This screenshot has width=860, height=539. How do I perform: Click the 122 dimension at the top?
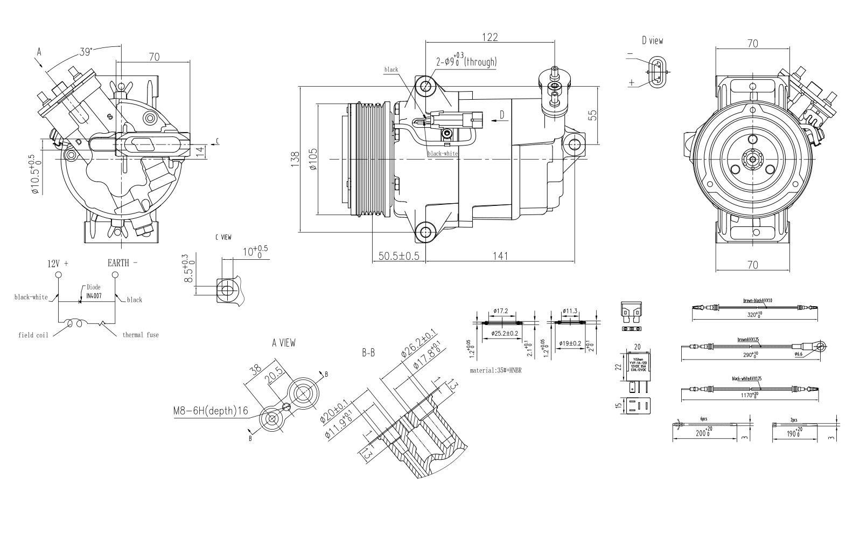click(x=490, y=37)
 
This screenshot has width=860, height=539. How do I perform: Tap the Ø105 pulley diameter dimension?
click(x=313, y=160)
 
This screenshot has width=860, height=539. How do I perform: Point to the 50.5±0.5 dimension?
click(x=398, y=256)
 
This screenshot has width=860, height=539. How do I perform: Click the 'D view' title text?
click(x=652, y=41)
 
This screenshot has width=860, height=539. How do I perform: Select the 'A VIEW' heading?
click(x=283, y=343)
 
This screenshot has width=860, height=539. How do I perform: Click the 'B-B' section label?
click(x=368, y=354)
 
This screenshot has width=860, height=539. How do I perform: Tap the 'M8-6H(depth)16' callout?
click(x=211, y=411)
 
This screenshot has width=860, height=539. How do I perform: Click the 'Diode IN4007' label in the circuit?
click(x=93, y=292)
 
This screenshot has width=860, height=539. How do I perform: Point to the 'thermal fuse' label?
click(x=140, y=335)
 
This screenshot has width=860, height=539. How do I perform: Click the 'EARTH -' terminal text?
click(x=122, y=263)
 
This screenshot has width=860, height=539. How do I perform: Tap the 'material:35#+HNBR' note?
click(x=495, y=370)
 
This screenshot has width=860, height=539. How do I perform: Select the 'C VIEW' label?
click(x=223, y=237)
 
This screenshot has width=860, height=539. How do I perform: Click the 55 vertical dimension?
click(x=592, y=115)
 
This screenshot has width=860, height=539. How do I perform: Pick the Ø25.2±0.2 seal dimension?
click(x=505, y=334)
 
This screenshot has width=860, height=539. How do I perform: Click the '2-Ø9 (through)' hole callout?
click(x=466, y=62)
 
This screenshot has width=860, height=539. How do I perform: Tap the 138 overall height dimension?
click(x=295, y=160)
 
